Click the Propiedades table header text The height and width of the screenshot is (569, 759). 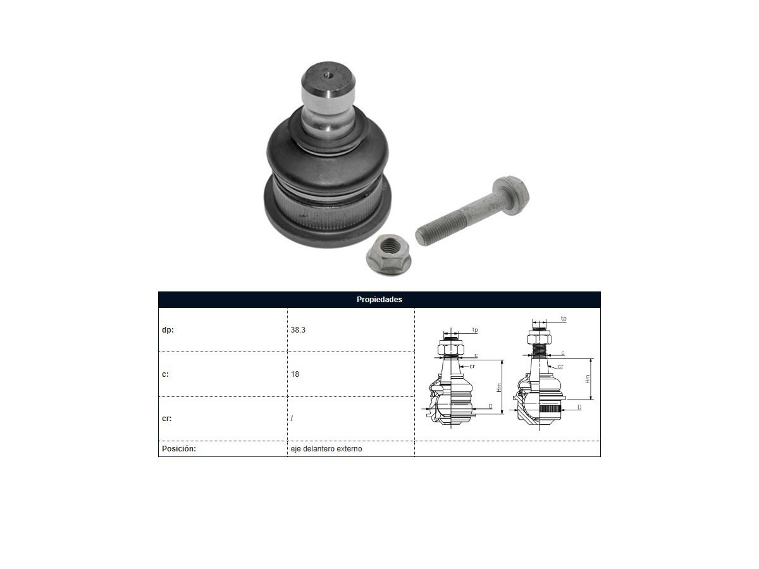point(379,300)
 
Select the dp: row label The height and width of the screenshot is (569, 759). point(168,330)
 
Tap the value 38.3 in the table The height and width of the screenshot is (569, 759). point(298,330)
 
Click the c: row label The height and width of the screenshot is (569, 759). point(165,374)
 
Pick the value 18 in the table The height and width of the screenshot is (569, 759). point(295,374)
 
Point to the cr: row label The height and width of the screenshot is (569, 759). point(167,419)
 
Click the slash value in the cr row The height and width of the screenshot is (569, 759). point(292,419)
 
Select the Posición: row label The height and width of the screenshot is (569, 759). point(179,449)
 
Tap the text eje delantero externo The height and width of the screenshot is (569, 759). point(326,449)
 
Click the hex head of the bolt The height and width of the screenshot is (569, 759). point(511,195)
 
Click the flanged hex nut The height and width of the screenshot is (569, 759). point(388,255)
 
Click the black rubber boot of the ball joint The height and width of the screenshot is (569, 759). point(327,162)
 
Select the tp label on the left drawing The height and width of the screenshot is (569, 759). point(475,330)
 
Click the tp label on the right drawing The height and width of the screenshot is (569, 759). point(564,319)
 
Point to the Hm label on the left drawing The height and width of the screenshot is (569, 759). point(499,388)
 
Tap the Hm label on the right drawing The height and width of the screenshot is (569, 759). point(588,379)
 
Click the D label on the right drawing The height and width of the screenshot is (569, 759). point(579,407)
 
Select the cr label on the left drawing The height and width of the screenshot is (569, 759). point(472,366)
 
